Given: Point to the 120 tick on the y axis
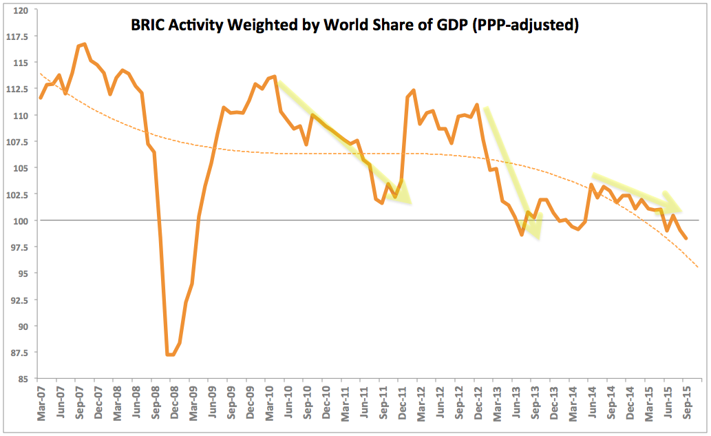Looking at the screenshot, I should tap(21, 10).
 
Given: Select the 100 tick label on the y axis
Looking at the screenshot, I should tap(21, 220).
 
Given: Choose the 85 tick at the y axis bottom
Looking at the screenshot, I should tap(23, 379).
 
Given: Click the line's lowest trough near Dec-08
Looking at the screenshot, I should tap(169, 355).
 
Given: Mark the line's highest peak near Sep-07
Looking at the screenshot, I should tap(84, 44).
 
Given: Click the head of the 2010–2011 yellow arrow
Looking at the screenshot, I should tap(409, 202).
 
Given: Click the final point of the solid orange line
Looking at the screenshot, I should tap(686, 238).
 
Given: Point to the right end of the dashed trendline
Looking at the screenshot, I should tap(699, 267).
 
